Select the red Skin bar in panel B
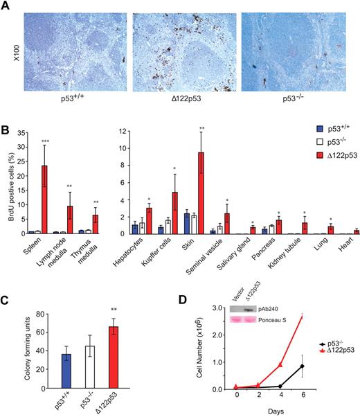[201, 193]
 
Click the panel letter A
[6, 6]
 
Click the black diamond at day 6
[322, 366]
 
